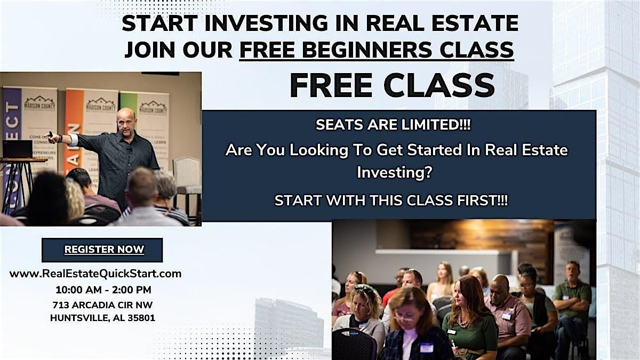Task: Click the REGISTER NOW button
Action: click(x=102, y=250)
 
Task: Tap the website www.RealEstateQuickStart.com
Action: click(x=95, y=274)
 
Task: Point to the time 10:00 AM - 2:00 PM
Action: click(x=103, y=290)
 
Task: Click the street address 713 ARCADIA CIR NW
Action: click(x=102, y=305)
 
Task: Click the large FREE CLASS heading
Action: click(x=393, y=86)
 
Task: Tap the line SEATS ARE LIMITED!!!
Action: click(x=393, y=125)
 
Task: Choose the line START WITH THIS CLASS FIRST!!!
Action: click(x=391, y=201)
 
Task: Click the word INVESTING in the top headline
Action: click(x=266, y=23)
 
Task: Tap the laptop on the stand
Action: click(x=18, y=149)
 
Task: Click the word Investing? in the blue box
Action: click(x=394, y=173)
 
